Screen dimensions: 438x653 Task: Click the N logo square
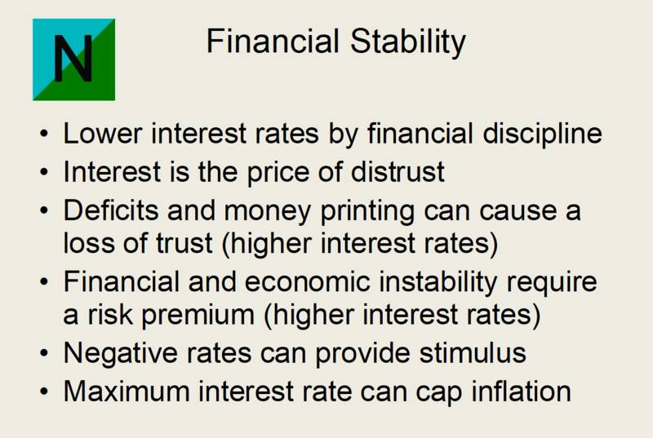click(73, 60)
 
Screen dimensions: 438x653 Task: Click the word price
click(293, 172)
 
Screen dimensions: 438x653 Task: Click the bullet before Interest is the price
click(43, 173)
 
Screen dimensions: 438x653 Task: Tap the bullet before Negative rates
click(43, 354)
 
